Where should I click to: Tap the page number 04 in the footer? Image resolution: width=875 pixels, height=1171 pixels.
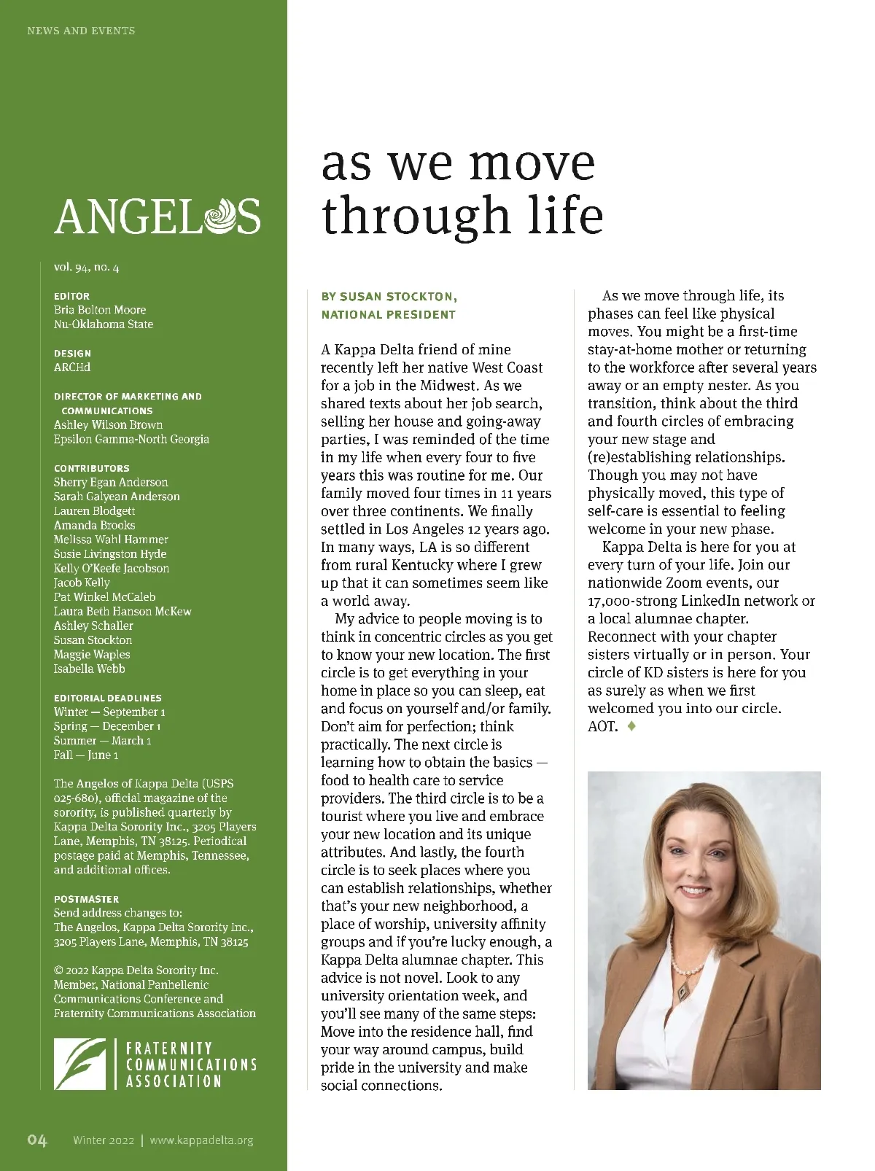click(37, 1140)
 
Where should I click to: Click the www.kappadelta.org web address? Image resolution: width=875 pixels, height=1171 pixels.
click(202, 1140)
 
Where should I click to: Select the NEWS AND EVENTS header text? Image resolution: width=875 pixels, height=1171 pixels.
click(81, 31)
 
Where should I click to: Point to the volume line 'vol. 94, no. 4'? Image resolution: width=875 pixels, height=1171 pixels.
click(86, 267)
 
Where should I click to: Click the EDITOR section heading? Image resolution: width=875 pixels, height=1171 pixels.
click(71, 296)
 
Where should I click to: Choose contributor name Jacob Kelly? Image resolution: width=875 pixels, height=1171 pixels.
click(82, 583)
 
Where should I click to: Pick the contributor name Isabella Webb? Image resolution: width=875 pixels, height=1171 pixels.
click(89, 669)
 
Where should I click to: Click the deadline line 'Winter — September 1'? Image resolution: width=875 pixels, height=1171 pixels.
click(109, 712)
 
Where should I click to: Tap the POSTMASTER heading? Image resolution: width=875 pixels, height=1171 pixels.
click(86, 899)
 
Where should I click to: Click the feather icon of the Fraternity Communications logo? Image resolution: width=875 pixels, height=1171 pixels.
click(79, 1064)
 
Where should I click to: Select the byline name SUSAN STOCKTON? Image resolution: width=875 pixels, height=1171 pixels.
click(398, 297)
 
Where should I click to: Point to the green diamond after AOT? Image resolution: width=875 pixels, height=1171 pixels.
click(631, 726)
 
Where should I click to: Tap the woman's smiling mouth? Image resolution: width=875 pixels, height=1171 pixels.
click(693, 892)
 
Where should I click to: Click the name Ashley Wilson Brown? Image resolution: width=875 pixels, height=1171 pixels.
click(108, 424)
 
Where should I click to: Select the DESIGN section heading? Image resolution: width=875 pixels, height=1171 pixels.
click(72, 353)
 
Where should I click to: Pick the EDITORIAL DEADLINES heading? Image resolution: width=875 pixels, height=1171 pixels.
click(108, 698)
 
